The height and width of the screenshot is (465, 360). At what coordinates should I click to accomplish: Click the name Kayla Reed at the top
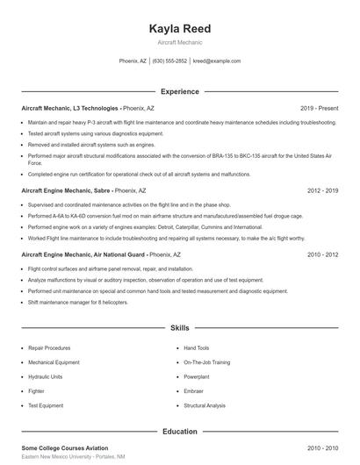tap(180, 28)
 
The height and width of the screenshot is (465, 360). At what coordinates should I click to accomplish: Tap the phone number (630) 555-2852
tap(169, 61)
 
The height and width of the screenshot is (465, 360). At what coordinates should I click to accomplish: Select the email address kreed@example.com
tap(216, 61)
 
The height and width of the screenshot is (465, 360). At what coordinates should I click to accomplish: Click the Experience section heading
tap(179, 91)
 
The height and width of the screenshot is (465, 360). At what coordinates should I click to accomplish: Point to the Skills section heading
tap(179, 327)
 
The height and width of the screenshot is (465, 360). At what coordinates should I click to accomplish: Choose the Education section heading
tap(179, 432)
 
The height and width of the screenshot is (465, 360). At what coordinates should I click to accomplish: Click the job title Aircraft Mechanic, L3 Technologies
tap(71, 108)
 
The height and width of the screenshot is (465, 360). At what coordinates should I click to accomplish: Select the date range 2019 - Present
tap(319, 108)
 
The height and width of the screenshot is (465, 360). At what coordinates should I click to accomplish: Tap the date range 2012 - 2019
tap(322, 190)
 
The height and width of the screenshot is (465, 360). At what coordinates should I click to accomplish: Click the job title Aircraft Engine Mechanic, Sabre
tap(65, 190)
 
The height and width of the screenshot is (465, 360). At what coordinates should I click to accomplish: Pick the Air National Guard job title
tap(81, 254)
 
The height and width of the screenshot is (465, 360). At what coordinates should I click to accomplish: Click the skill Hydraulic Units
tap(46, 376)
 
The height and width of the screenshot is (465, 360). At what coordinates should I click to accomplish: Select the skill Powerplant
tap(198, 376)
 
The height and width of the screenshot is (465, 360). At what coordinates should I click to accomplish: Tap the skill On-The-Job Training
tap(207, 361)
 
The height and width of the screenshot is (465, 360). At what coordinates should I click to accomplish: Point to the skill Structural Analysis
tap(205, 406)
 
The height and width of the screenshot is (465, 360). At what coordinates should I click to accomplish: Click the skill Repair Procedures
tap(49, 347)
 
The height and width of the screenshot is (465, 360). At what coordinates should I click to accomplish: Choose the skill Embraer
tap(194, 391)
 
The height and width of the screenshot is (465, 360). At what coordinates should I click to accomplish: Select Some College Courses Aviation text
tap(67, 448)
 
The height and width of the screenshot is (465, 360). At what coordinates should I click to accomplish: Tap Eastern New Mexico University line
tap(73, 457)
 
